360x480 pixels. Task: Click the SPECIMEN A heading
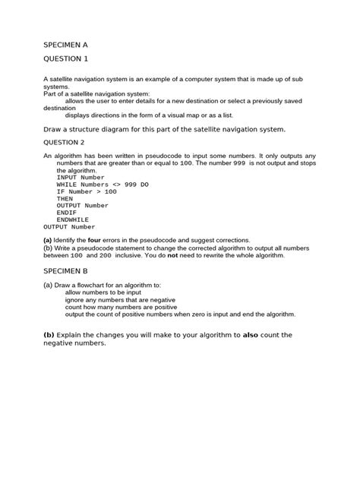coord(65,44)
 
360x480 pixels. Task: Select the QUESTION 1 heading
coord(66,58)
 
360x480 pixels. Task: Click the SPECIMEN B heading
coord(65,270)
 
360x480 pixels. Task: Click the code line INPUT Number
coord(80,178)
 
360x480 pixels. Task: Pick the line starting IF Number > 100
coord(87,191)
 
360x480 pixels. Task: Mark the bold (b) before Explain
coord(49,334)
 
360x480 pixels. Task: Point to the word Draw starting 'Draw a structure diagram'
coord(52,128)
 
